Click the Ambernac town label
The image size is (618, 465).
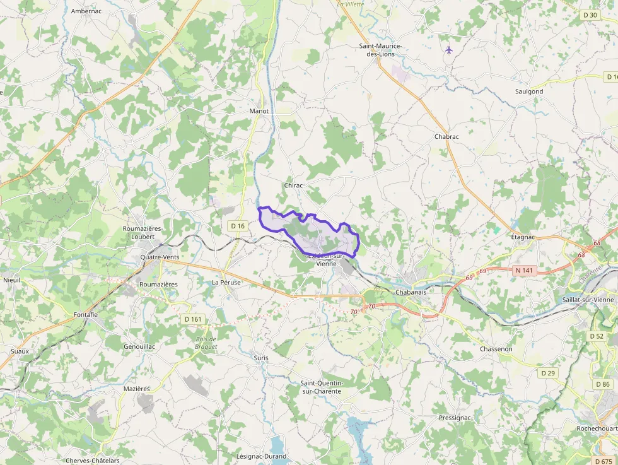[x=86, y=11]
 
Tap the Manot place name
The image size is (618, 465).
[x=259, y=111]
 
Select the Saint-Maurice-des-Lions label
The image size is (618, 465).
[x=380, y=50]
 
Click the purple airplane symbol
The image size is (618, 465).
[x=448, y=50]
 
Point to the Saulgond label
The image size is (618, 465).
[x=528, y=91]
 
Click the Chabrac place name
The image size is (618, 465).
[x=446, y=137]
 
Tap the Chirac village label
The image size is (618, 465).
[x=294, y=185]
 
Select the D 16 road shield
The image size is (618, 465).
[x=237, y=226]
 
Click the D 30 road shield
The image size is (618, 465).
[x=590, y=15]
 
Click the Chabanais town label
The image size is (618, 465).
[x=411, y=292]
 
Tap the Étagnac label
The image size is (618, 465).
[x=523, y=237]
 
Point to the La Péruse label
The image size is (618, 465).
[x=226, y=283]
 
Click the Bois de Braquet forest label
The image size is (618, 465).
[x=206, y=343]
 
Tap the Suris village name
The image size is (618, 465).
[x=260, y=358]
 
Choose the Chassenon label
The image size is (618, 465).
[x=496, y=349]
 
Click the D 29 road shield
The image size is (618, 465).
[x=548, y=373]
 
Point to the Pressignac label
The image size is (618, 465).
[x=455, y=418]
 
